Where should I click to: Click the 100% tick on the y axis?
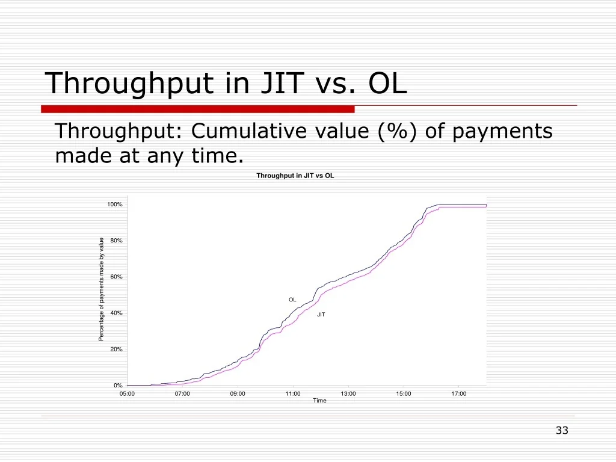(115, 205)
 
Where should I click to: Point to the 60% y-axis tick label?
(116, 277)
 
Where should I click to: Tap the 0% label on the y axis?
(118, 386)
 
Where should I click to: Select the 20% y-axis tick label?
(116, 350)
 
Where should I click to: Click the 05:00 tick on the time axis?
(127, 393)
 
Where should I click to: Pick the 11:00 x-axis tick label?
(293, 393)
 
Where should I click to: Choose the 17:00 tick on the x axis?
(459, 393)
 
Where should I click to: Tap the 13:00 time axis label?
(348, 393)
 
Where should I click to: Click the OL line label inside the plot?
(292, 300)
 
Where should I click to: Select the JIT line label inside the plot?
(321, 315)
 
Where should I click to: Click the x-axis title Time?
(319, 401)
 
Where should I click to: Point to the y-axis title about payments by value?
(101, 289)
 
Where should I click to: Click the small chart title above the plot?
(295, 176)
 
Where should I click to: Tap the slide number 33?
(562, 431)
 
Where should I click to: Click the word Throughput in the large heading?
(129, 83)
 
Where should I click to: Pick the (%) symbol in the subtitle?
(397, 131)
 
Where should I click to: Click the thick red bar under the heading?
(197, 109)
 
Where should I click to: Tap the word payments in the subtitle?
(502, 132)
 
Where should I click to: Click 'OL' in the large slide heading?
(387, 82)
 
